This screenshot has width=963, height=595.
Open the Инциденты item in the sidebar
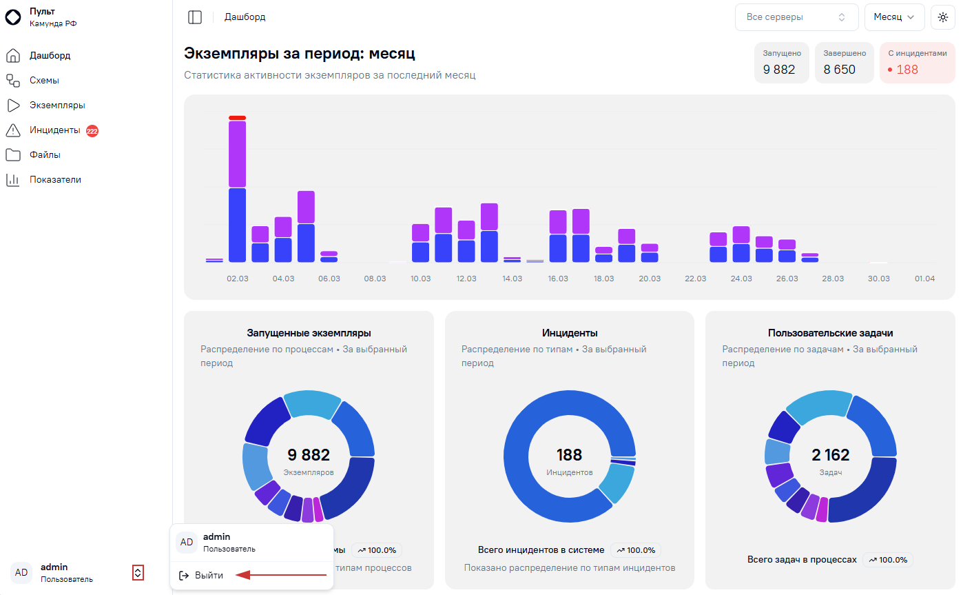(54, 130)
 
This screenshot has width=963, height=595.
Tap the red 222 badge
(92, 131)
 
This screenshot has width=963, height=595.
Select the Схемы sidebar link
(44, 81)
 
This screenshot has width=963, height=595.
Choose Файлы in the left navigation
(45, 155)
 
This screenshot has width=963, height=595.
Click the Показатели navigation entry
(55, 180)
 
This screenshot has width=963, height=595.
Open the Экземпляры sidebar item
(57, 105)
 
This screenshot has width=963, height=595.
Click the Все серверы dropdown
(796, 17)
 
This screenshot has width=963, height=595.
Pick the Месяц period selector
(894, 17)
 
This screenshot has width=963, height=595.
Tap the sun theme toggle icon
(943, 17)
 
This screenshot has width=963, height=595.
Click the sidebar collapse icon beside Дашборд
(195, 17)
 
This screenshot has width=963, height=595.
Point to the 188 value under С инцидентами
(907, 69)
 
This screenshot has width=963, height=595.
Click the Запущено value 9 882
(778, 69)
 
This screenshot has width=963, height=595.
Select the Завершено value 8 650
(839, 69)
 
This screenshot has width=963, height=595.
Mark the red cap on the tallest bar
(238, 118)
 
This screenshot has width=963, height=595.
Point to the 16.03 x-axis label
(557, 279)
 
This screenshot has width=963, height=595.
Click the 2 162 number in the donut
(830, 455)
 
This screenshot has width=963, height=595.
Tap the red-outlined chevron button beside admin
(138, 573)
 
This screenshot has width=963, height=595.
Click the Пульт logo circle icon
(13, 17)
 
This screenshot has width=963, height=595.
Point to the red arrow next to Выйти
(281, 575)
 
